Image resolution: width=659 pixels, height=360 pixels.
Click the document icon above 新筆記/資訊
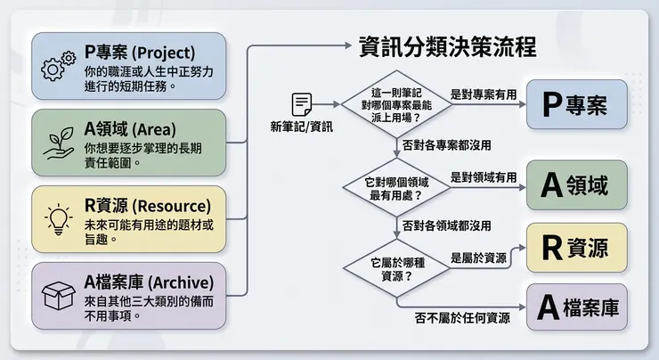pyautogui.click(x=302, y=103)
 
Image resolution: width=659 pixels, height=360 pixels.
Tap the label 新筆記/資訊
pyautogui.click(x=302, y=127)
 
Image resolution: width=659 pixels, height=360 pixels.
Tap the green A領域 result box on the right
pyautogui.click(x=575, y=185)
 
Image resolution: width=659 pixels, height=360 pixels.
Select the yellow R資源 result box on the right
pyautogui.click(x=575, y=248)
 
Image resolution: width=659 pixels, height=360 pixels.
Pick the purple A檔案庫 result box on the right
pyautogui.click(x=575, y=308)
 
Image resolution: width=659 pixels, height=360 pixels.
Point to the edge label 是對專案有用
pyautogui.click(x=484, y=94)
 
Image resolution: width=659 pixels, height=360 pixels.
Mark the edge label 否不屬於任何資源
pyautogui.click(x=462, y=317)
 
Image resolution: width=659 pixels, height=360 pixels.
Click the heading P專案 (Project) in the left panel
pyautogui.click(x=140, y=52)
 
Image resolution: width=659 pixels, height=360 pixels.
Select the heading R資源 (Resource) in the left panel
pyautogui.click(x=148, y=205)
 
